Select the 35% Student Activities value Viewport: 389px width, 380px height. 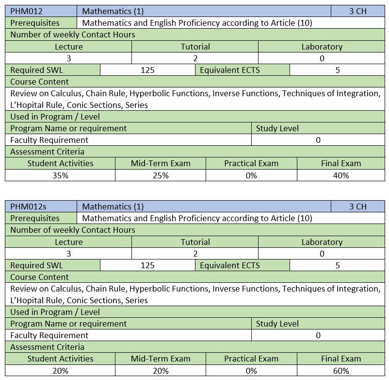pos(60,175)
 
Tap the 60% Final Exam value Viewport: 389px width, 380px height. pos(341,371)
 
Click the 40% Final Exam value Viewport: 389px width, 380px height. pos(341,175)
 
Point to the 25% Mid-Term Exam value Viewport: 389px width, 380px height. pos(161,175)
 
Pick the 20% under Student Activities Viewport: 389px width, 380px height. pos(60,371)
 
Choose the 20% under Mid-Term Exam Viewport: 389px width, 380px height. pos(161,371)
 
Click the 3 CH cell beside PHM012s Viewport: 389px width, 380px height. pos(357,207)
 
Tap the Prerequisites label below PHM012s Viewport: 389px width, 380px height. pos(35,218)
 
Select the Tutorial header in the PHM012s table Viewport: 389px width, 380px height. pos(195,242)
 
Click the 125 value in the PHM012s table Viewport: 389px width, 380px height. pos(147,265)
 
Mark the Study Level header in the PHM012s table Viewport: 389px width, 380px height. pos(277,324)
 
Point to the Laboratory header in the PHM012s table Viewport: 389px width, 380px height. pos(322,242)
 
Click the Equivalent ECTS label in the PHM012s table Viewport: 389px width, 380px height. pos(230,265)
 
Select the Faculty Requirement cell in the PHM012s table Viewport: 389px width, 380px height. pos(49,335)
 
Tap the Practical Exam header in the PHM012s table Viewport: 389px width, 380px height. pos(251,359)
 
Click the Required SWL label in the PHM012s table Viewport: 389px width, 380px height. pos(36,265)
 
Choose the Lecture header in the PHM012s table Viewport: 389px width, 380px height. pos(69,242)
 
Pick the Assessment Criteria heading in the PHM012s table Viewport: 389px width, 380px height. pos(47,347)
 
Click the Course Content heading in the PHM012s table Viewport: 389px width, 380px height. pos(39,277)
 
